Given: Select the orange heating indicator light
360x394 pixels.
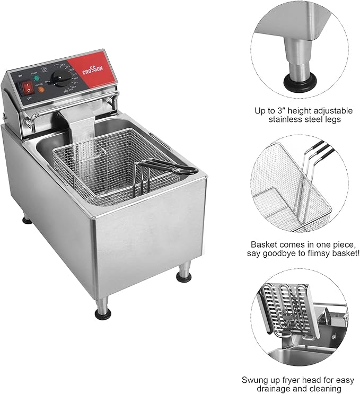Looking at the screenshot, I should point(41,89).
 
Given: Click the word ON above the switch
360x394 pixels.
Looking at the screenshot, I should point(21,76).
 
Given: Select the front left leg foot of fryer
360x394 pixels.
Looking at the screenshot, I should point(103,313).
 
